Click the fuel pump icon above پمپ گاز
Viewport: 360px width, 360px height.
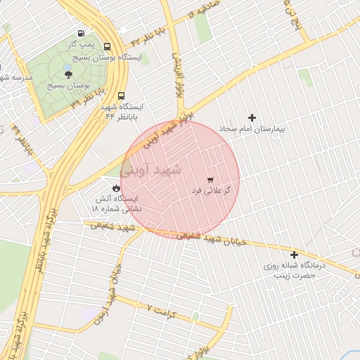click(82, 33)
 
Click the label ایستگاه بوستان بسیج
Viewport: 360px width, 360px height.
click(112, 56)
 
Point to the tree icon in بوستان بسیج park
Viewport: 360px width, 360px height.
click(68, 73)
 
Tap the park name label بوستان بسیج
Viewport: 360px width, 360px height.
click(67, 84)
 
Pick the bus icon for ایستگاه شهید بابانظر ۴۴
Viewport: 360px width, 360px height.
click(122, 96)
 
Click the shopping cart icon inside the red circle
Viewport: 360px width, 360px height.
click(210, 179)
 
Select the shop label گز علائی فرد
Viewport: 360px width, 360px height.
click(207, 191)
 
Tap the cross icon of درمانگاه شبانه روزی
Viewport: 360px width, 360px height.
click(294, 254)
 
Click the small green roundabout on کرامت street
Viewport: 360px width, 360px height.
click(195, 317)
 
